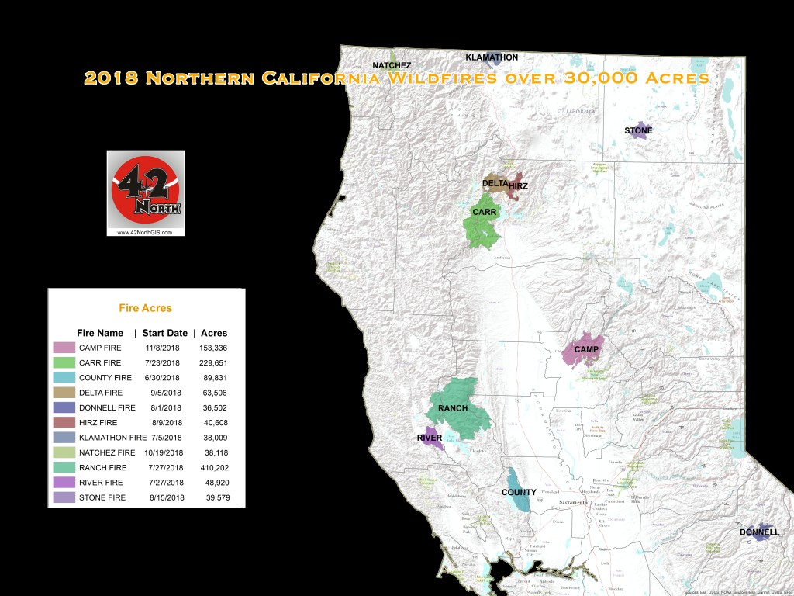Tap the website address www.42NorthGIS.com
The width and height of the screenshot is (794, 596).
(x=146, y=231)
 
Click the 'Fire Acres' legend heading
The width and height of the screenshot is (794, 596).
(x=145, y=308)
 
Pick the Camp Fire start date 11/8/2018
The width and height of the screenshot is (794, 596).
(x=161, y=348)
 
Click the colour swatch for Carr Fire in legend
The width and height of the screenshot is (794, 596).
(x=64, y=362)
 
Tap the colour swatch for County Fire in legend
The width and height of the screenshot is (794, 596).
(x=64, y=377)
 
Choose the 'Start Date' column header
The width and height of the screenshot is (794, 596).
(x=164, y=333)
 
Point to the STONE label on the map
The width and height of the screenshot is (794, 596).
(x=638, y=130)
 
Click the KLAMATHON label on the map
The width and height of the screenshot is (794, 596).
(x=492, y=57)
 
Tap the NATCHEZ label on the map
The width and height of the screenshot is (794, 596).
(x=392, y=65)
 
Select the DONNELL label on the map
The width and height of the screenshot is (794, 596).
(x=759, y=532)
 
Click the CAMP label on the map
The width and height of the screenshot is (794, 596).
(x=586, y=350)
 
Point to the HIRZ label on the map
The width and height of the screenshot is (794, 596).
(x=518, y=186)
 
